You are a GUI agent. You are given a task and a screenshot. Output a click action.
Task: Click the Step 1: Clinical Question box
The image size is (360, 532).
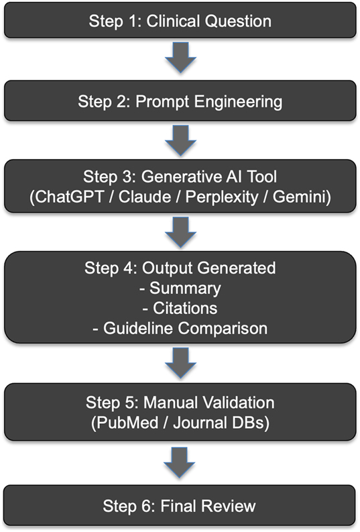[180, 20]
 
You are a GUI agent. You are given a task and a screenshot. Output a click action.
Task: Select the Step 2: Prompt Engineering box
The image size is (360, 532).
[180, 102]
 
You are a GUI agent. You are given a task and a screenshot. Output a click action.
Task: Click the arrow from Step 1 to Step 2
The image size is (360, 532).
[180, 60]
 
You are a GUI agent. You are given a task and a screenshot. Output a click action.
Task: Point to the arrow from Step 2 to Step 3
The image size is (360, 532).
[180, 142]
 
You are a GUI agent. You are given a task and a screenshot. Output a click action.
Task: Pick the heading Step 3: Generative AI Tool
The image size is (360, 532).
[180, 178]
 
